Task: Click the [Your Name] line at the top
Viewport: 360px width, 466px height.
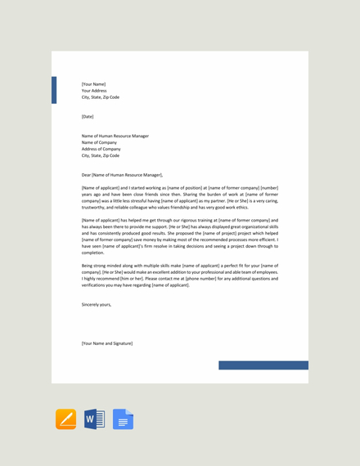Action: (x=93, y=83)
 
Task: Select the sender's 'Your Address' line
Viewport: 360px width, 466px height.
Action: (x=94, y=90)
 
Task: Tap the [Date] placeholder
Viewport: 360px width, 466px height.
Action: (x=88, y=116)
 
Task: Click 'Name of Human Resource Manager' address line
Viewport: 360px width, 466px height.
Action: (x=115, y=136)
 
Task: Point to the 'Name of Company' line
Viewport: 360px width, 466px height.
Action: (x=100, y=142)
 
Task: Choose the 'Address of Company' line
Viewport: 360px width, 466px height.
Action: (x=101, y=149)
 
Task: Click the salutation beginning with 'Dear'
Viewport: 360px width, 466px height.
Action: (x=122, y=175)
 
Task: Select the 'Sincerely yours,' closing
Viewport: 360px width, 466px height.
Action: (x=97, y=304)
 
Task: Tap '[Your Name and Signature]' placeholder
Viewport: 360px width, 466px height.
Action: (x=107, y=343)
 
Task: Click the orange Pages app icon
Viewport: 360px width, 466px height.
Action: (x=65, y=419)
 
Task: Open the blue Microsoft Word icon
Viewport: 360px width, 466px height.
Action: (x=94, y=419)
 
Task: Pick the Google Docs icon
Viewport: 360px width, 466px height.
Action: (x=123, y=419)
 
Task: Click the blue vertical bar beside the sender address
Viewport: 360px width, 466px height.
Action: (x=54, y=90)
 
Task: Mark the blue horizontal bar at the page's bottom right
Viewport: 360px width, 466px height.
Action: (x=263, y=365)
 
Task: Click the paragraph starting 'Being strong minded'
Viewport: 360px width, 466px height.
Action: (x=180, y=275)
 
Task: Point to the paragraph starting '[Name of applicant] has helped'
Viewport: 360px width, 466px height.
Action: (x=180, y=236)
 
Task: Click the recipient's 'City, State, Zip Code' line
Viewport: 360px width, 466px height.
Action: (x=101, y=155)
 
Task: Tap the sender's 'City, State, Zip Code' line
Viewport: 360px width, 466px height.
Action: (x=101, y=96)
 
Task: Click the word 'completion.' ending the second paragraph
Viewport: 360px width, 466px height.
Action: (x=93, y=253)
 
